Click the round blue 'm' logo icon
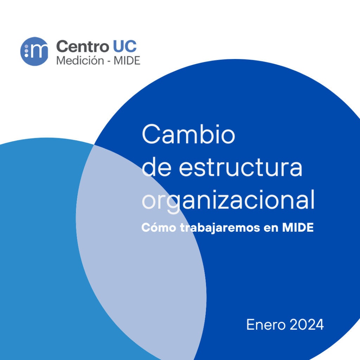(34, 51)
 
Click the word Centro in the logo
(83, 46)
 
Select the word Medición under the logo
(80, 60)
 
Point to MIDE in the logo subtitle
(127, 61)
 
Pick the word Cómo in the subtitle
(159, 227)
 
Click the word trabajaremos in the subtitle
(220, 228)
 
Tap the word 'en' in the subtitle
(271, 228)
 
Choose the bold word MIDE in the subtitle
(298, 227)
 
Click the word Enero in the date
(266, 324)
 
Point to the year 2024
(307, 324)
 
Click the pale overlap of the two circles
(140, 252)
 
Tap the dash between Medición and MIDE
(109, 62)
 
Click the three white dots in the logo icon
(26, 51)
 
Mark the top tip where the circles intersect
(94, 145)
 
